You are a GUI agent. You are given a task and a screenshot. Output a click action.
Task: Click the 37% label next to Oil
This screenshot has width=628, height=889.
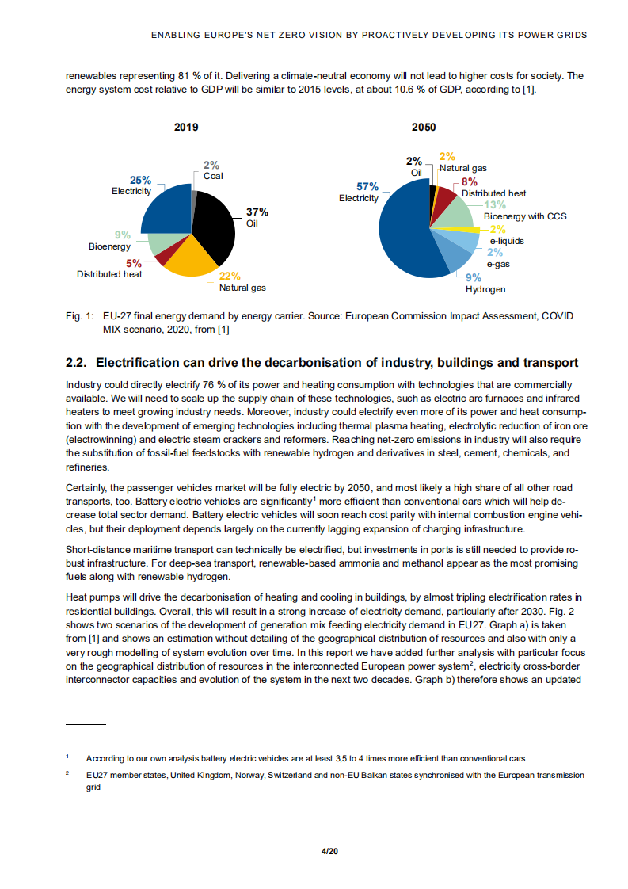(257, 212)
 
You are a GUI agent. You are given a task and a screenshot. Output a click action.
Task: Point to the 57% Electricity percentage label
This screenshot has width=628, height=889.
(367, 187)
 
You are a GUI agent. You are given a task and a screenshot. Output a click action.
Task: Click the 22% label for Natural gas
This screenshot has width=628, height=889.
(230, 277)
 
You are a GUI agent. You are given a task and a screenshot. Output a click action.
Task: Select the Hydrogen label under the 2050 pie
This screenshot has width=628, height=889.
(485, 289)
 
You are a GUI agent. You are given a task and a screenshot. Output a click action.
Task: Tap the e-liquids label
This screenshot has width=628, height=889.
(506, 240)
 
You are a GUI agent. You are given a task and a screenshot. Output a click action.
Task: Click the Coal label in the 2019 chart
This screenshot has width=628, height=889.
(213, 176)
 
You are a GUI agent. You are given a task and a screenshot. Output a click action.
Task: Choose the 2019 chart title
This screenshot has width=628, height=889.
(186, 127)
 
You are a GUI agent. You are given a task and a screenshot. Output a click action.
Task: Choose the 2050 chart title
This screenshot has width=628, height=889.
(424, 127)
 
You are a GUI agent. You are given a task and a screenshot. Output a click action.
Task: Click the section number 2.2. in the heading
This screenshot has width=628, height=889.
(78, 363)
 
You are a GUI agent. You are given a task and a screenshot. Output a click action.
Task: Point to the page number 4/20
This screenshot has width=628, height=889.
(329, 851)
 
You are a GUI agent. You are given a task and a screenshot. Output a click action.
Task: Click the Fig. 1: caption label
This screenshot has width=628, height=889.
(79, 316)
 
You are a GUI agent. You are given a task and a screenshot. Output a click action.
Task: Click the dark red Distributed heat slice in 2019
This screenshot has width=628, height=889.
(162, 257)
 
